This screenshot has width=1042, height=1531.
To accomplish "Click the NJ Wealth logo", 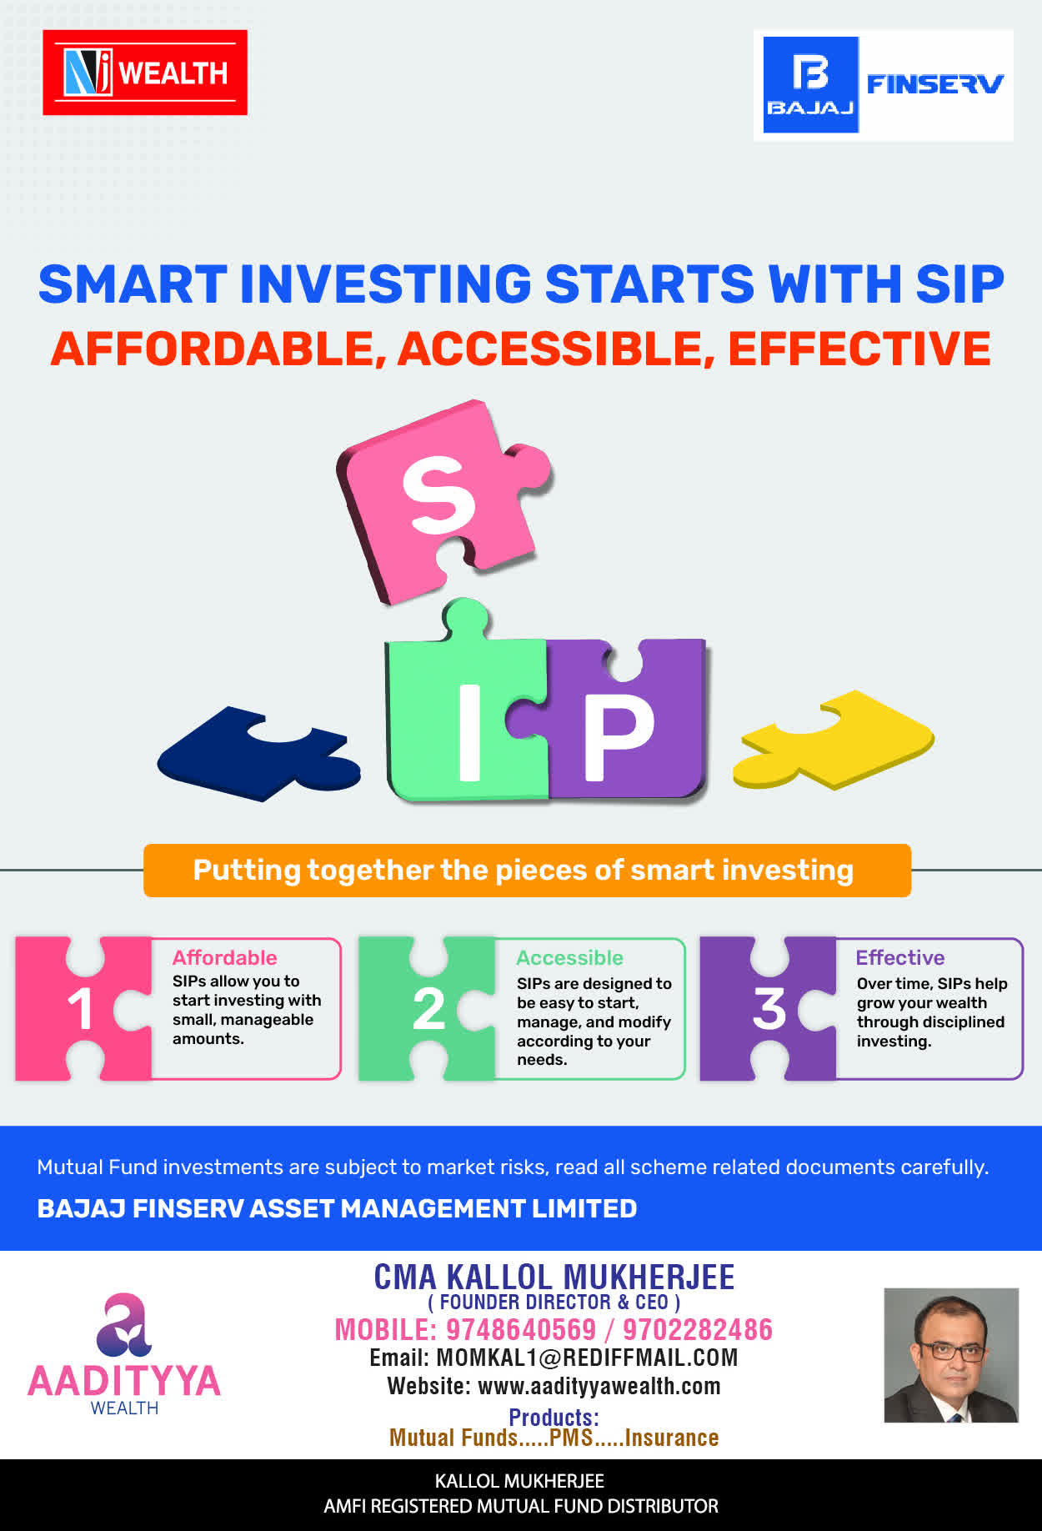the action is pyautogui.click(x=145, y=73).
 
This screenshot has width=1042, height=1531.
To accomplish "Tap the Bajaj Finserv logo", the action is pyautogui.click(x=884, y=85).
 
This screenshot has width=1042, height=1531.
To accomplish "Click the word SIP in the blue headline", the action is pyautogui.click(x=959, y=284).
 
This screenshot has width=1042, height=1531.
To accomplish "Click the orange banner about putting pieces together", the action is pyautogui.click(x=527, y=871).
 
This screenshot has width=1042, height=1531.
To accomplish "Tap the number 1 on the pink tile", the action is pyautogui.click(x=80, y=1009).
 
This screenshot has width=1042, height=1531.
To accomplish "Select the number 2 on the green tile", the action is pyautogui.click(x=428, y=1009).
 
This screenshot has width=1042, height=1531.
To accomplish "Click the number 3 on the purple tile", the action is pyautogui.click(x=769, y=1009).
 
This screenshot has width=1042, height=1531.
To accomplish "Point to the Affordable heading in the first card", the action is pyautogui.click(x=224, y=957).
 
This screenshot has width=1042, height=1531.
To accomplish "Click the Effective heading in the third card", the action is pyautogui.click(x=900, y=957).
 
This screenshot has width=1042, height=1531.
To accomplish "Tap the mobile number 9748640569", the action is pyautogui.click(x=521, y=1329).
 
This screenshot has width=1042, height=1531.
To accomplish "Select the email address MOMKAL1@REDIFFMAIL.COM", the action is pyautogui.click(x=587, y=1358).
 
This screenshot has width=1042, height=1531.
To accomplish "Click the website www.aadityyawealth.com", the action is pyautogui.click(x=599, y=1386).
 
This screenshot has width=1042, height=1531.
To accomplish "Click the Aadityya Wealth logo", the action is pyautogui.click(x=124, y=1354).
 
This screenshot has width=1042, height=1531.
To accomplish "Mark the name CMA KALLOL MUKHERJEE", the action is pyautogui.click(x=554, y=1277).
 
